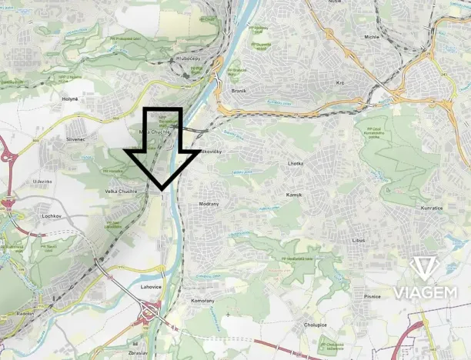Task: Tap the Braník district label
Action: click(x=238, y=90)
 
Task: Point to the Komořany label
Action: click(x=203, y=301)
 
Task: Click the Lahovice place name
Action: click(x=151, y=286)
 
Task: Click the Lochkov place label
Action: click(x=51, y=216)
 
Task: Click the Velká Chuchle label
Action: click(x=121, y=190)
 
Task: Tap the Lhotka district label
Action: click(x=296, y=164)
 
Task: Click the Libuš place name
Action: click(x=358, y=241)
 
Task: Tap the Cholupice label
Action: click(x=316, y=325)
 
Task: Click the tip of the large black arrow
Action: click(x=162, y=188)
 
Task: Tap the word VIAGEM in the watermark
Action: click(x=426, y=292)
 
